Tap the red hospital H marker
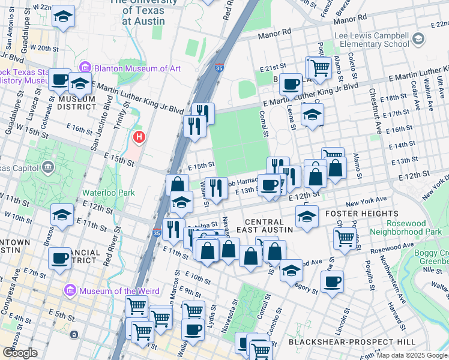pyautogui.click(x=139, y=137)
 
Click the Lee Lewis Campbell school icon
pyautogui.click(x=418, y=40)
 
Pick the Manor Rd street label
pyautogui.click(x=274, y=35)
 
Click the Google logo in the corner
pyautogui.click(x=20, y=353)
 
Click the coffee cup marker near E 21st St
pyautogui.click(x=291, y=85)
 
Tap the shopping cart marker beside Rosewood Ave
pyautogui.click(x=345, y=237)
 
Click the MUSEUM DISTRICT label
pyautogui.click(x=74, y=103)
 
